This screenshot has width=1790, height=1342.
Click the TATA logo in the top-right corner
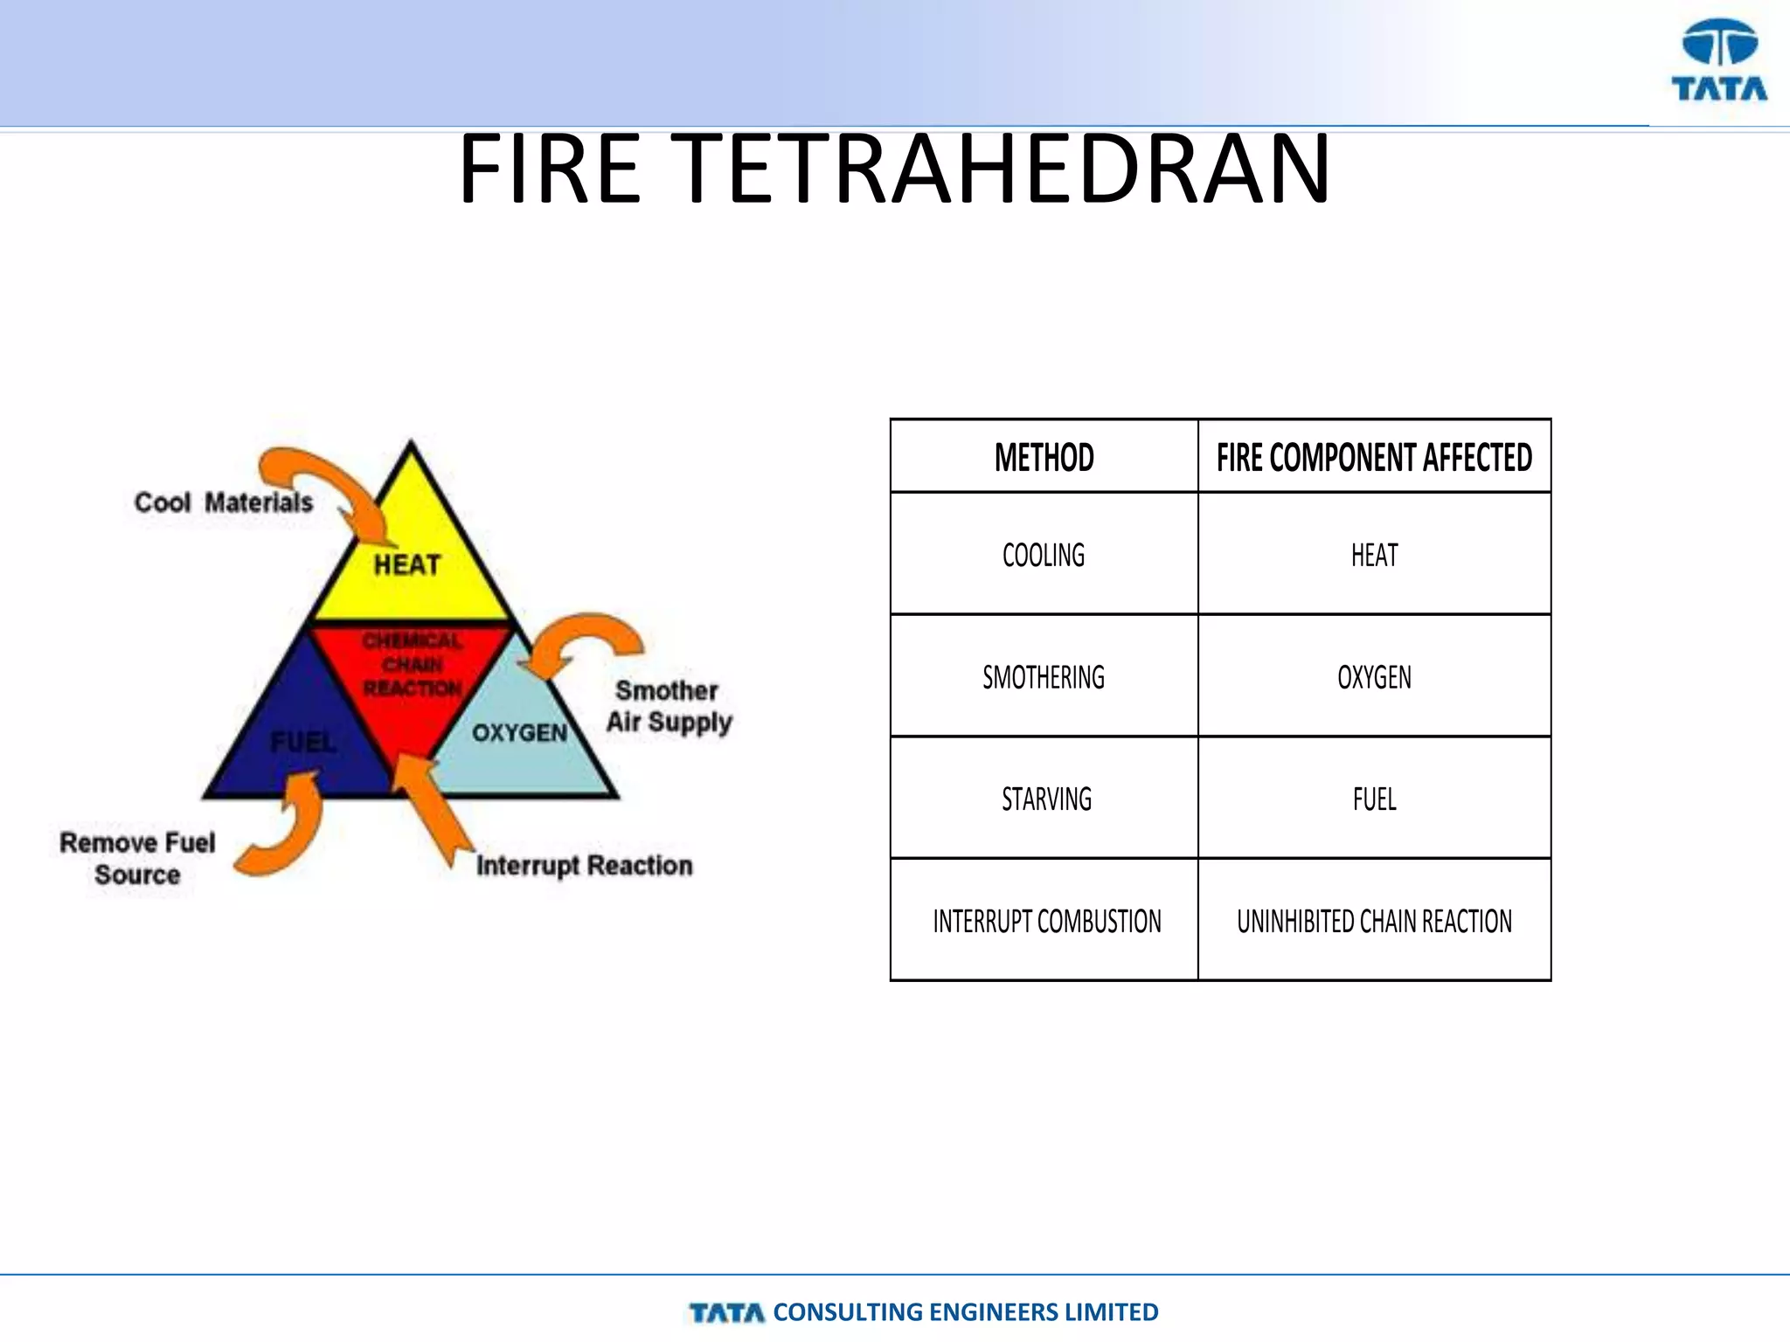[x=1719, y=61]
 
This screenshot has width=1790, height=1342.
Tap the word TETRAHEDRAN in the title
[x=1004, y=169]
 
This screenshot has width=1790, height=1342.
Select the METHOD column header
[x=1044, y=457]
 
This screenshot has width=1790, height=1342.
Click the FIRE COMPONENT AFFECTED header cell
[x=1374, y=457]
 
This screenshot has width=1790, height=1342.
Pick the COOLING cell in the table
[x=1044, y=555]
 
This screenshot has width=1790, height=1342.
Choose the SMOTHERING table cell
[x=1044, y=677]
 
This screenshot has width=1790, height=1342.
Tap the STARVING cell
[x=1046, y=799]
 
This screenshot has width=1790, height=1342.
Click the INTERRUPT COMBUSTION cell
[x=1046, y=921]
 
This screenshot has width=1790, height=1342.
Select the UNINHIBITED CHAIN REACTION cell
[x=1374, y=921]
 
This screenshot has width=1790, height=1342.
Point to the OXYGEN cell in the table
[x=1374, y=677]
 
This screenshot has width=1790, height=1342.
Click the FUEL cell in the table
[x=1374, y=799]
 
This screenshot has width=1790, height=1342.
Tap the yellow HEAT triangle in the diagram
[x=409, y=559]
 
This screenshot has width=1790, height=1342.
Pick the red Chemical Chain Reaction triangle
[x=412, y=673]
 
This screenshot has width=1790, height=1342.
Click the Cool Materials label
[x=224, y=502]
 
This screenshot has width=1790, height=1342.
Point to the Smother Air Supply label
[x=669, y=706]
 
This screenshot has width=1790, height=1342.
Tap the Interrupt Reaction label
[x=584, y=865]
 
